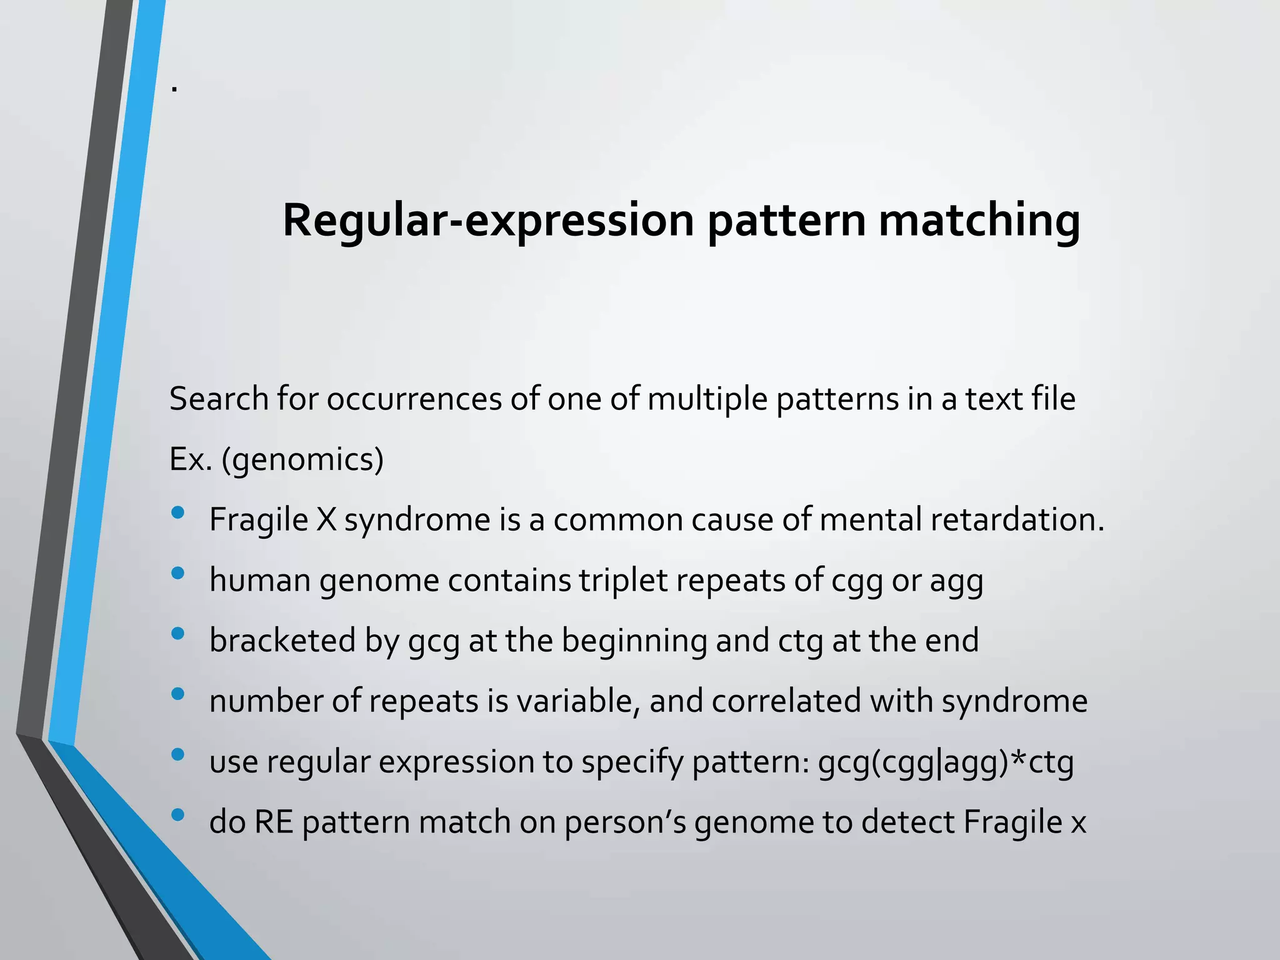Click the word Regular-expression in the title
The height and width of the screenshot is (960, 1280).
click(487, 220)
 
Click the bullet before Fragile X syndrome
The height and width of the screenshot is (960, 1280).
click(177, 513)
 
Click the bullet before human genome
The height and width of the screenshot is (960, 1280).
click(177, 573)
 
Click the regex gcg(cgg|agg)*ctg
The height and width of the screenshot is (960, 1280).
click(946, 761)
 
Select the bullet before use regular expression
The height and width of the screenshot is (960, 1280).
click(177, 754)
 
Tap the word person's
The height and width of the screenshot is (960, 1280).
click(625, 821)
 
